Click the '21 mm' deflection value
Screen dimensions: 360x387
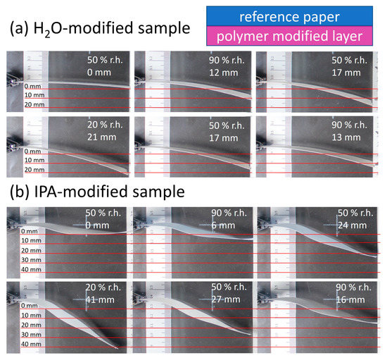coord(100,136)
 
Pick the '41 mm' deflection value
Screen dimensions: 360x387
coord(99,299)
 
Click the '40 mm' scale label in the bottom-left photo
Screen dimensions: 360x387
coord(29,344)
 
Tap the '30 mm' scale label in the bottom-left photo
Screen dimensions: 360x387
coord(29,334)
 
